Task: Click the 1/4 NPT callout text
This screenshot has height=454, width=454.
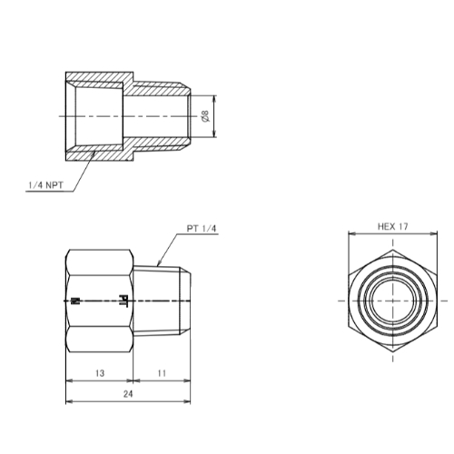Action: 45,185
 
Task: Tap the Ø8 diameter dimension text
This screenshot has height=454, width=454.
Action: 205,116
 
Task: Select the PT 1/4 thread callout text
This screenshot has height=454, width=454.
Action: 202,229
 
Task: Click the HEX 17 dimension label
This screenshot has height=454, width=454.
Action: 393,226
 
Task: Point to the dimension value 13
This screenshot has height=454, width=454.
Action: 100,373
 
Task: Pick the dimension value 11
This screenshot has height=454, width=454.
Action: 162,373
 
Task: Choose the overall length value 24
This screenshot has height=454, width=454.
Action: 128,394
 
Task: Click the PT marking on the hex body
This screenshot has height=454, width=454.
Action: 123,300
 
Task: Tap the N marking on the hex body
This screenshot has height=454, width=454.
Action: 74,301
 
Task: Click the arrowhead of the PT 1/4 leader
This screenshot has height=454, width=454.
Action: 159,263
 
